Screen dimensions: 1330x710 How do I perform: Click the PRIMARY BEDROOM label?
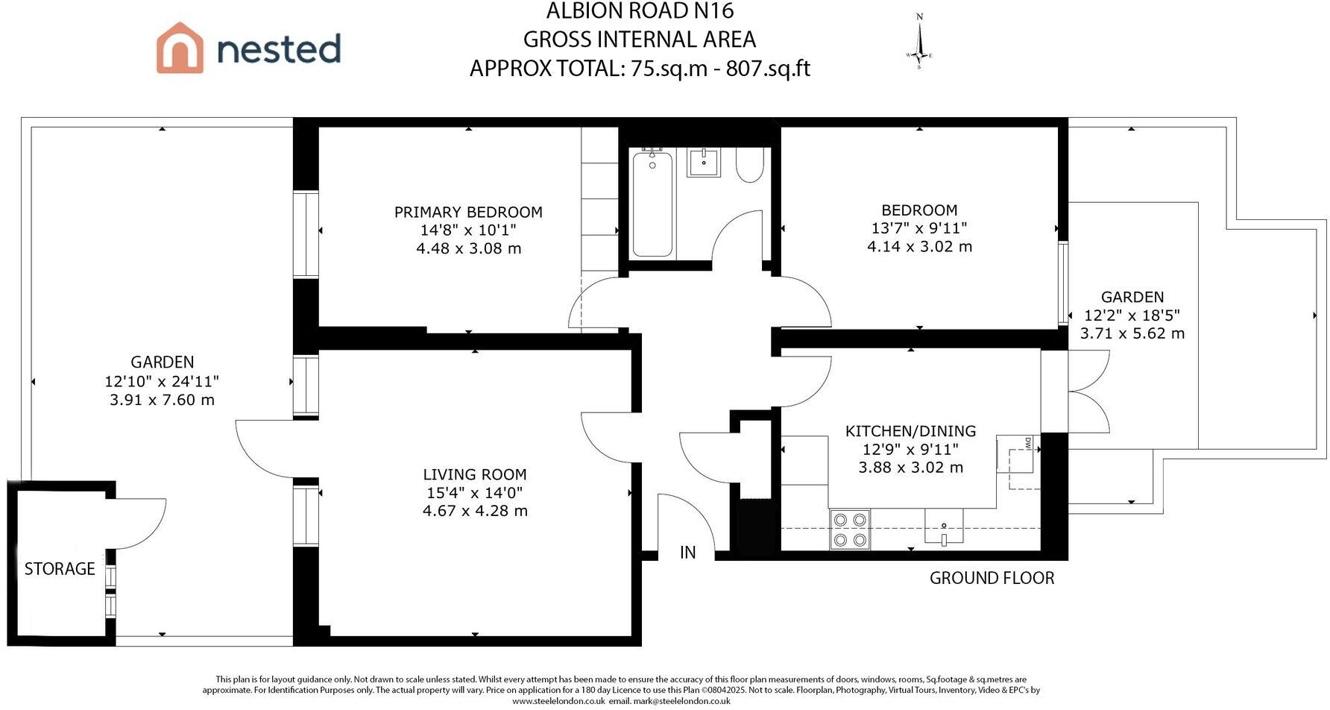pos(468,212)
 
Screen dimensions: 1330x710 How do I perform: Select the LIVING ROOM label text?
pos(475,474)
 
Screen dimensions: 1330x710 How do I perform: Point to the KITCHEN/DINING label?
pos(910,431)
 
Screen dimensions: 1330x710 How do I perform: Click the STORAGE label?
pos(60,569)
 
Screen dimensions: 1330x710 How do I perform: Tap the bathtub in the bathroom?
pos(652,203)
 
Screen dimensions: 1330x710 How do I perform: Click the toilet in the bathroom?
pos(750,164)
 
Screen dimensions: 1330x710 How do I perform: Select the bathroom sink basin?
pos(704,162)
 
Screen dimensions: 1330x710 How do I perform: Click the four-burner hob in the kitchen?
pos(850,530)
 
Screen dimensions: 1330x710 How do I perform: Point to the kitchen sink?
pos(944,527)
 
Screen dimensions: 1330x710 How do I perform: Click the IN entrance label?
pos(687,553)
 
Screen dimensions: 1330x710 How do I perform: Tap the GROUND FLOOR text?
pos(992,578)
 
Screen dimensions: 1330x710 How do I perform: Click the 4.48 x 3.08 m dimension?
pos(468,248)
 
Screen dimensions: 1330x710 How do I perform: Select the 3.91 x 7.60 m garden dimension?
pos(162,400)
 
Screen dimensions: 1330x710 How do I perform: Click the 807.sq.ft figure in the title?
pos(768,69)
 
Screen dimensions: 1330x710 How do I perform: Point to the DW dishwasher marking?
pos(1029,443)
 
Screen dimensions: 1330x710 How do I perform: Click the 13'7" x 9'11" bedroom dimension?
pos(919,228)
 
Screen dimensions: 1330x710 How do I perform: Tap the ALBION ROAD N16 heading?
pos(640,11)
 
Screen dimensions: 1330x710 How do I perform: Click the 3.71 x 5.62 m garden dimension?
pos(1132,333)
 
